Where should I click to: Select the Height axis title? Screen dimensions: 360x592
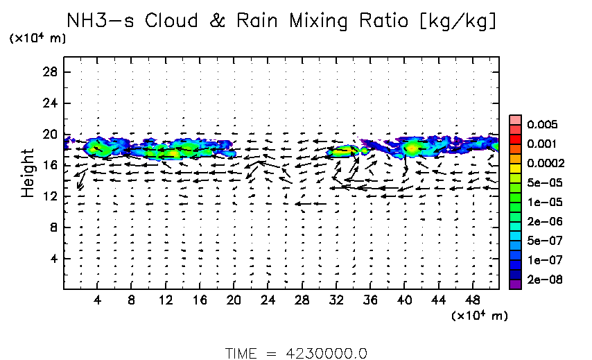(x=28, y=173)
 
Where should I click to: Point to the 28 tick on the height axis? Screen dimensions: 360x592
(x=51, y=72)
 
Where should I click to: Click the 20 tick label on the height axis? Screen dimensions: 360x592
(x=51, y=135)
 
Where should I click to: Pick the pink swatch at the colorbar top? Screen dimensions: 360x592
(x=515, y=119)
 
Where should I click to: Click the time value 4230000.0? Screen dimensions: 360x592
(x=327, y=352)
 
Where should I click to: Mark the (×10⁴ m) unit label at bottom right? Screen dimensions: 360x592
(x=479, y=316)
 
